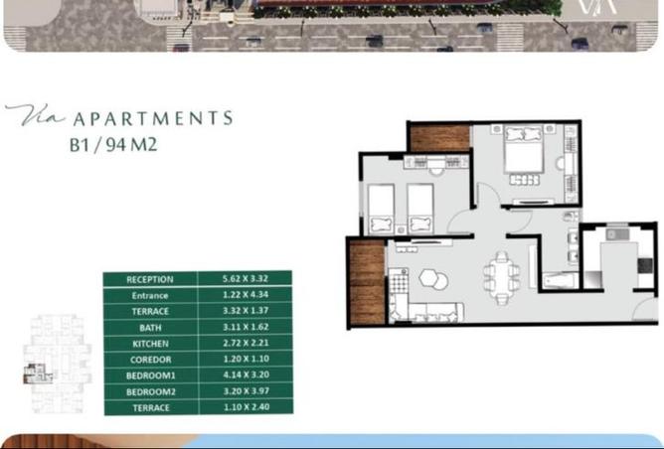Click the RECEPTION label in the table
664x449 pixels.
coord(150,279)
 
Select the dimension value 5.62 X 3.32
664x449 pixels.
coord(246,278)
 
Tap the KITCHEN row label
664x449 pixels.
coord(150,344)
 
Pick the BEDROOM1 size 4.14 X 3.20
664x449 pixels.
coord(247,374)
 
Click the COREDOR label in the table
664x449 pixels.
coord(151,360)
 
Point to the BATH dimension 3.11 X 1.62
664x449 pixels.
coord(247,327)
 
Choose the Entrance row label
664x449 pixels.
coord(150,295)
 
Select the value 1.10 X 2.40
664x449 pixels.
coord(247,406)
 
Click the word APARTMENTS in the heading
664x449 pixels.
coord(153,118)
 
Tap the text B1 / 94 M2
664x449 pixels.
coord(113,145)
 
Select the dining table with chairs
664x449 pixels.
coord(502,277)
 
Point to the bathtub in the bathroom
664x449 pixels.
coord(561,280)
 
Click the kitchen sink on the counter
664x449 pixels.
coord(617,234)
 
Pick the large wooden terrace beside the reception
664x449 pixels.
coord(367,283)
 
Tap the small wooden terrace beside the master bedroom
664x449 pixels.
coord(440,138)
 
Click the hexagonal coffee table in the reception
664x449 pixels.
coord(429,278)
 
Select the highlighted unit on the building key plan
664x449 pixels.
coord(37,374)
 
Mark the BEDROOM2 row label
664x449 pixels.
coord(151,391)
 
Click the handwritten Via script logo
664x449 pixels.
coord(35,115)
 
